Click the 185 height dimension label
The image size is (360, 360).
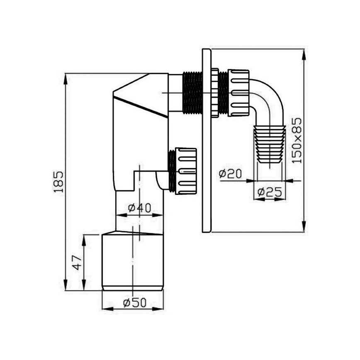(x=59, y=182)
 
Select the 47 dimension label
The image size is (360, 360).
(x=77, y=263)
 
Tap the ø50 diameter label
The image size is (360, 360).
(x=134, y=303)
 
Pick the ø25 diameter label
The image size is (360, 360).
(x=270, y=192)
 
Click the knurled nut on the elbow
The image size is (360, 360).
(x=239, y=93)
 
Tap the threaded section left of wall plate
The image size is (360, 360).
(x=192, y=92)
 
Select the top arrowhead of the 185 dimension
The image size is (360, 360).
(x=66, y=79)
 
